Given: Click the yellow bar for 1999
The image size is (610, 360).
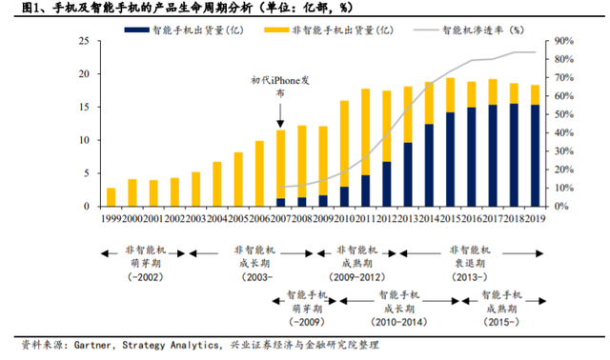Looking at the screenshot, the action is point(112,197).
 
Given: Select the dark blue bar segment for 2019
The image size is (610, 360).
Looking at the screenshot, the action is point(536,155).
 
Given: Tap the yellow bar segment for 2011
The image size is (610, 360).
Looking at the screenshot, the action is point(366,132).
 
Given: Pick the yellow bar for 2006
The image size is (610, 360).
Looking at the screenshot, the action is point(259,173).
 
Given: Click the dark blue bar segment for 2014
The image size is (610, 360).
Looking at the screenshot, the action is point(429,165).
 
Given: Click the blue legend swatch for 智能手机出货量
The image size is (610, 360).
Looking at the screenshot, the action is point(136,30).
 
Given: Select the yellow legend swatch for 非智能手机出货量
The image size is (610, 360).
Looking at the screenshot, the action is point(276,30).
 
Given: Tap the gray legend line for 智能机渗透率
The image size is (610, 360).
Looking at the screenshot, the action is point(426,30).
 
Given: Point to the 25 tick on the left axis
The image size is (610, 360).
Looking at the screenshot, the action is point(84,41).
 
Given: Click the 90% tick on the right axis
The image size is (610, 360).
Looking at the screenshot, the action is point(563,41).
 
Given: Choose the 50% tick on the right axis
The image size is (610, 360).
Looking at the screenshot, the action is point(563,114).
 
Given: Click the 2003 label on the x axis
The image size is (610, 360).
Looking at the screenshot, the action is point(195,219).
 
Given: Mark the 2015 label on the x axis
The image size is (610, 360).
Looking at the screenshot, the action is point(451,219).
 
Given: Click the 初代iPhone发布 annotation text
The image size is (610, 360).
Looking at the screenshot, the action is point(280,87).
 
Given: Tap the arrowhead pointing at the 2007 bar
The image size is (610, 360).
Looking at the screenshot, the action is point(280,124).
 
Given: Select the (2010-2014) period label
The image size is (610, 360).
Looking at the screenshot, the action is point(399,322).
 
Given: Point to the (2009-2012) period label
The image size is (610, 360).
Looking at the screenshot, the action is point(357,277).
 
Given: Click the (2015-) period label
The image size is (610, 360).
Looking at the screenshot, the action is point(501,322).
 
